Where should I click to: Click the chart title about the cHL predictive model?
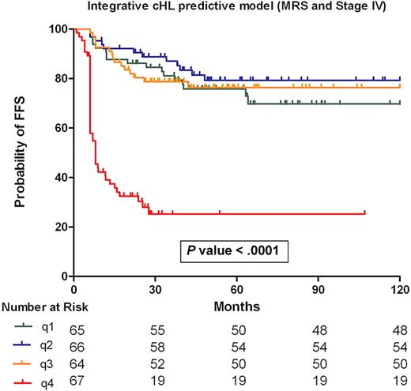point(224,9)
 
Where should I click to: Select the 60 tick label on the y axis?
point(58,128)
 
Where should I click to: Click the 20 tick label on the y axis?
point(58,227)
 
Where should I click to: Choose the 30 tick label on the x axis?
point(156,289)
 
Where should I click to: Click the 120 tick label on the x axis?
point(401,289)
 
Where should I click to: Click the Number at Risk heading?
point(38,306)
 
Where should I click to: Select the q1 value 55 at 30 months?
point(156,325)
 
